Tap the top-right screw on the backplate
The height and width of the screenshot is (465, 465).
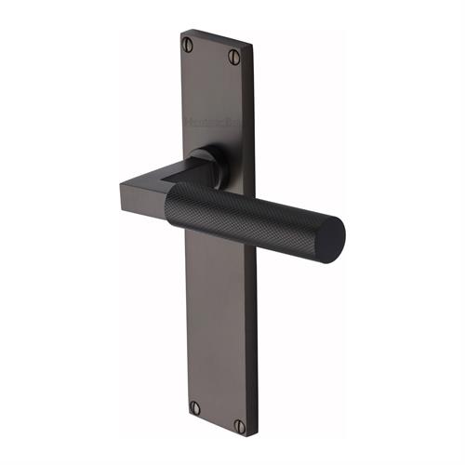click(234, 57)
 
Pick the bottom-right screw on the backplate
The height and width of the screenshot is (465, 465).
click(239, 426)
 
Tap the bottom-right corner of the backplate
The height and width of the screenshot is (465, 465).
click(246, 436)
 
